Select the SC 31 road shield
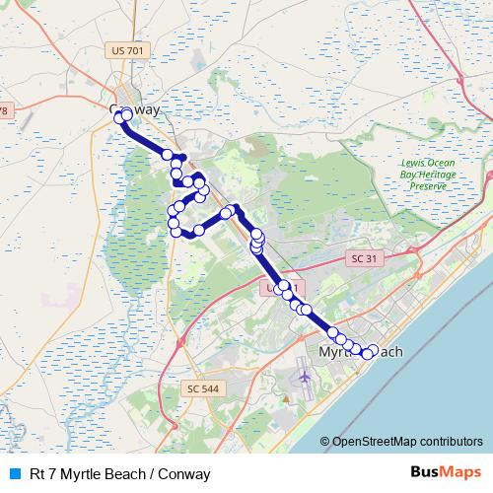[x=364, y=257]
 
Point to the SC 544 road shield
[x=202, y=388]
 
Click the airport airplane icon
[x=302, y=377]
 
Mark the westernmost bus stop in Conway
[x=120, y=116]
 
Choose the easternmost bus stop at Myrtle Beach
[x=372, y=349]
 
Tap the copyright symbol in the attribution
[x=325, y=441]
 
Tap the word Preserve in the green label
[x=429, y=185]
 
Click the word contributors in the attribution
[x=451, y=441]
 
